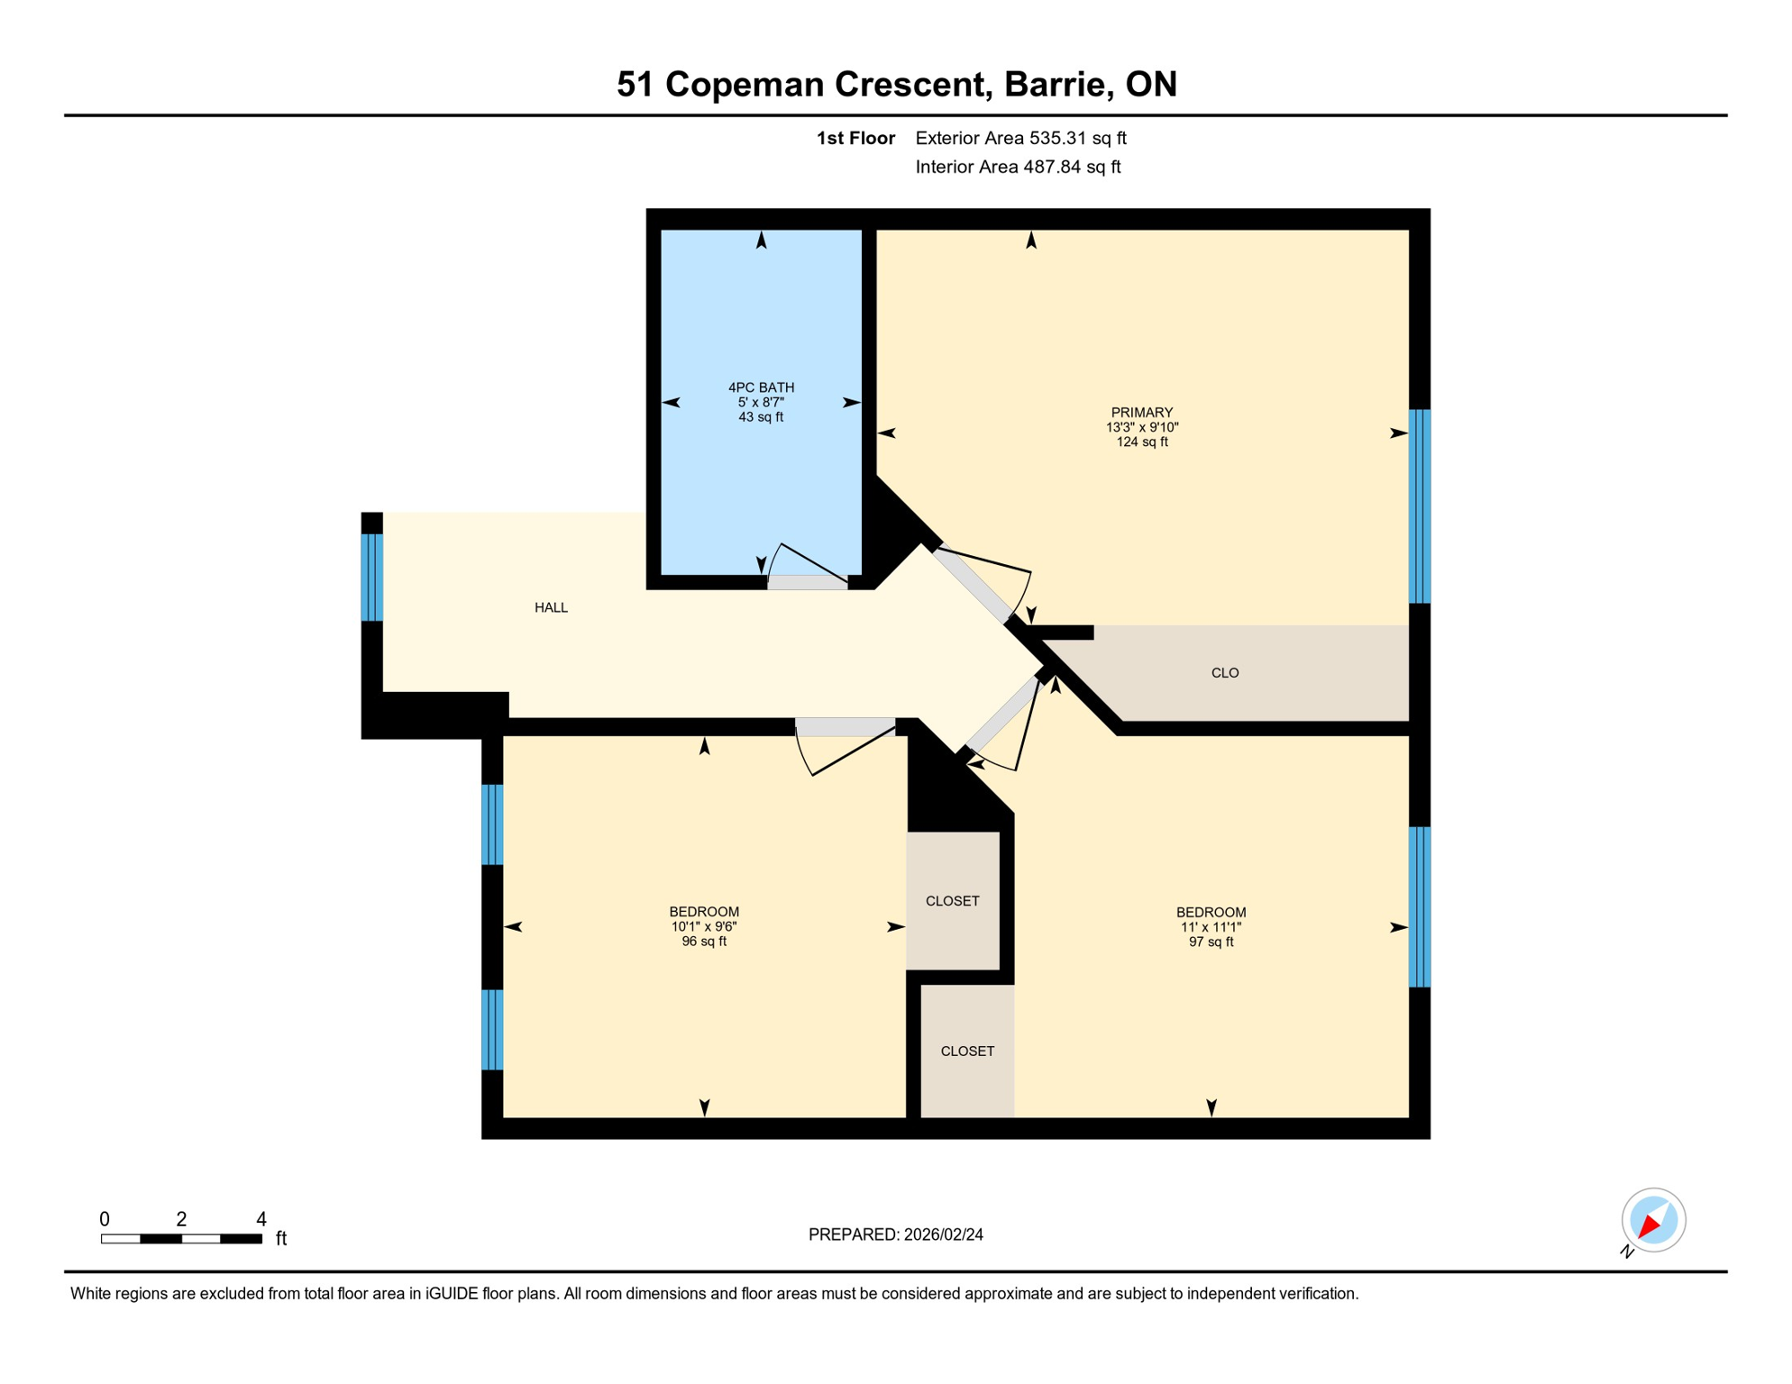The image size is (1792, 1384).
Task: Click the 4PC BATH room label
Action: point(761,387)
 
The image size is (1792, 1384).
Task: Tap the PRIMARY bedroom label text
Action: point(1141,413)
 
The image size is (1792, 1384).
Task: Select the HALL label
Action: point(551,607)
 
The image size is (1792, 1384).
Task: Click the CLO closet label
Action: point(1224,673)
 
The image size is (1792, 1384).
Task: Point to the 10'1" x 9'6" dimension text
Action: point(703,926)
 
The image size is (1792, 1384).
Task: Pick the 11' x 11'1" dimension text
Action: point(1211,927)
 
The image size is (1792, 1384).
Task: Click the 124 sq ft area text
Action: point(1141,442)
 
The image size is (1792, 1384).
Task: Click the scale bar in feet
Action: point(181,1239)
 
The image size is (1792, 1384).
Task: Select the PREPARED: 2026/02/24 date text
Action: point(895,1234)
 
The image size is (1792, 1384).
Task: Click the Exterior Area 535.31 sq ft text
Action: point(1020,138)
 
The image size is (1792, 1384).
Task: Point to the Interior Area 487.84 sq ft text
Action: point(1018,167)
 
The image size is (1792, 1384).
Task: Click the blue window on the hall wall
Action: point(371,578)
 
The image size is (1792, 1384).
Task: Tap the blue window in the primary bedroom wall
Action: point(1419,505)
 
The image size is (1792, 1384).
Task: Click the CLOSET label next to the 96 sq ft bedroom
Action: point(952,901)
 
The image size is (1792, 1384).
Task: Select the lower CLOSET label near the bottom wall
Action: point(967,1052)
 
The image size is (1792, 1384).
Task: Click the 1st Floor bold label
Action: point(855,138)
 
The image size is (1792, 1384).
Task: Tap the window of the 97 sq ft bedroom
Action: point(1419,906)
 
